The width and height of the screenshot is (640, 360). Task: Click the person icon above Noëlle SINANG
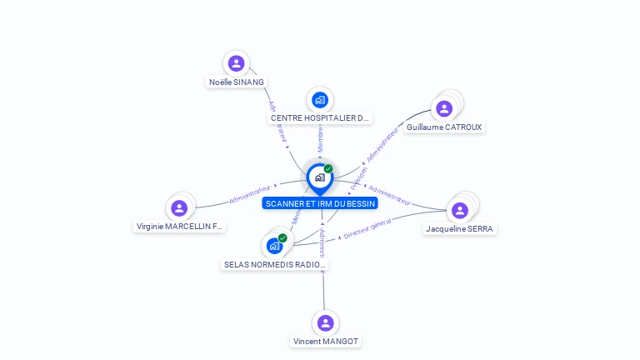point(237,63)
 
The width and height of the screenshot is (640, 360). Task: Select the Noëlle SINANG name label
point(237,82)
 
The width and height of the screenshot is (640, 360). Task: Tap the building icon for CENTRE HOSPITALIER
point(320,100)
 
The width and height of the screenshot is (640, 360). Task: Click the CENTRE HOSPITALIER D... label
point(320,118)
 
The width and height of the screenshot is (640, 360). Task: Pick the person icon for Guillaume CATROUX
point(444,108)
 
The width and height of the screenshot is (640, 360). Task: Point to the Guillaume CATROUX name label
point(444,127)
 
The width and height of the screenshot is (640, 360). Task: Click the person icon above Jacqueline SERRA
point(459,210)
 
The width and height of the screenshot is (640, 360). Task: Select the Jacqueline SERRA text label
point(459,229)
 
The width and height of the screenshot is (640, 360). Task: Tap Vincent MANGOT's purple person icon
point(326,322)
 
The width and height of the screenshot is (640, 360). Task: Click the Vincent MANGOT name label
point(326,342)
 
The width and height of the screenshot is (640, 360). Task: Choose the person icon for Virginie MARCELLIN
point(179,208)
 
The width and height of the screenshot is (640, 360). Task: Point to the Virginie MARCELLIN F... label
point(180,227)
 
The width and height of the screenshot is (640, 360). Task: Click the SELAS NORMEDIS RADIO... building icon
point(274,246)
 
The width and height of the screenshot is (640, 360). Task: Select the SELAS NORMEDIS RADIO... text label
point(275,265)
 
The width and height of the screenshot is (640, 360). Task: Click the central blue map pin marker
point(320,177)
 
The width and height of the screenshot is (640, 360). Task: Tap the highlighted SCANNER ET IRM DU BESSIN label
point(320,203)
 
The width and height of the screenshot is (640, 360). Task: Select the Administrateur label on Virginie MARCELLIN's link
point(250,195)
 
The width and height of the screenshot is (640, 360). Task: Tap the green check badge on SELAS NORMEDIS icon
point(282,238)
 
